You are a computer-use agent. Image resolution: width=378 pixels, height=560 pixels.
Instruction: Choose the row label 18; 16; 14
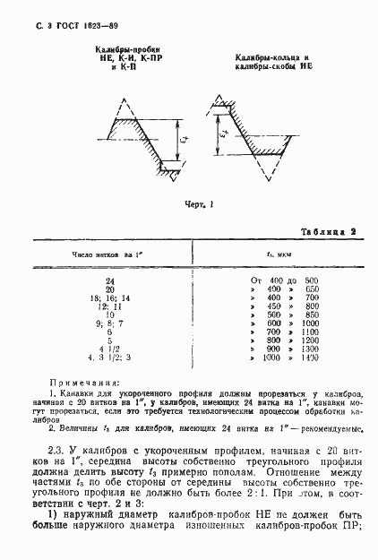[x=109, y=297]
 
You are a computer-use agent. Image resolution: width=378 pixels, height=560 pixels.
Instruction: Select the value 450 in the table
[x=273, y=306]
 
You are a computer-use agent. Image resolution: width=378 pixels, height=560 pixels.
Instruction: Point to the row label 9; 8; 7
[x=109, y=323]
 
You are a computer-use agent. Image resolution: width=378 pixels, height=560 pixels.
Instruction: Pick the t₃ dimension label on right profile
[x=222, y=135]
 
